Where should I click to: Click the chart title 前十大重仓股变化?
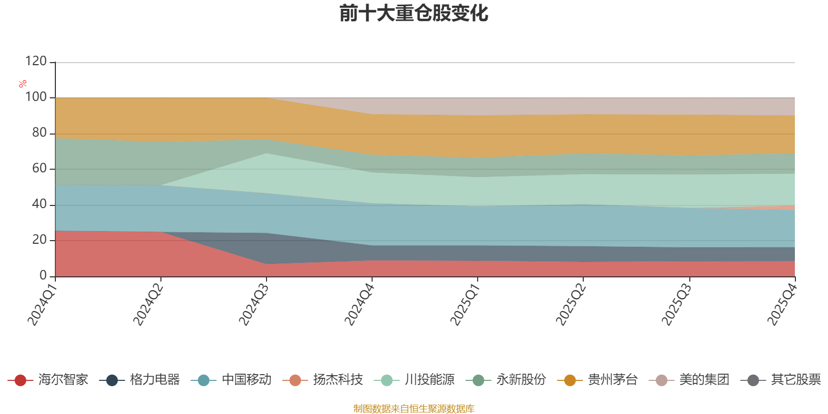point(414,13)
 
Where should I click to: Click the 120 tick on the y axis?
point(36,61)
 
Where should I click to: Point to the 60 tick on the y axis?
point(39,168)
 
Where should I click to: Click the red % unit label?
point(22,84)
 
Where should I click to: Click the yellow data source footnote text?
point(414,409)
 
